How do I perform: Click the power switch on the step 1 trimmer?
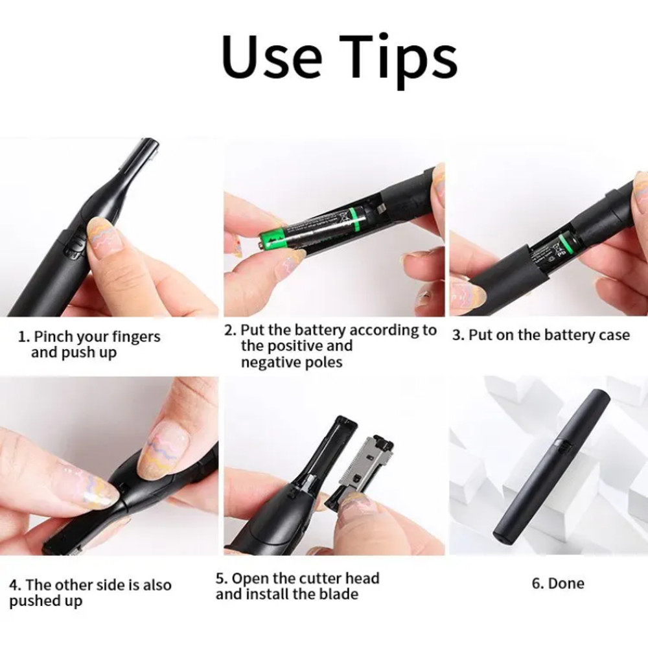click(x=76, y=245)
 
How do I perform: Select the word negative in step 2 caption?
click(x=269, y=362)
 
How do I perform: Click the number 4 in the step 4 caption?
click(x=12, y=585)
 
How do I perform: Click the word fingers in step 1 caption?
click(x=135, y=337)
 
